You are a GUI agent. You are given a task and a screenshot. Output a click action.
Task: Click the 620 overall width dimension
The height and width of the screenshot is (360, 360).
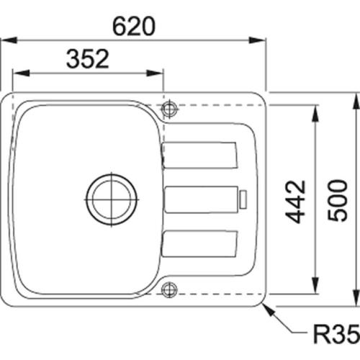tap(133, 26)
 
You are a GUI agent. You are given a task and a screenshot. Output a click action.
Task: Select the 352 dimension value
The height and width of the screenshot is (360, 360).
tap(87, 59)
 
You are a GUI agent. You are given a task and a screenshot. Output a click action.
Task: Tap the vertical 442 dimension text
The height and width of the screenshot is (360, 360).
tap(294, 201)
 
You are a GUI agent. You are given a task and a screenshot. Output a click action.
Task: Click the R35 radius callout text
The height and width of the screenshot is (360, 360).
tap(334, 334)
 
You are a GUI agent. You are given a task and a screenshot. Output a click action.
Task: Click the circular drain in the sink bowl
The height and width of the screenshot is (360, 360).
tap(112, 196)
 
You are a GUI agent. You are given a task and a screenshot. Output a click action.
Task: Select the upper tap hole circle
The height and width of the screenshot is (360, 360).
tap(170, 109)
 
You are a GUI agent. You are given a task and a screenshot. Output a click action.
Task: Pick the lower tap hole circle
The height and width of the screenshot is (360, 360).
tap(170, 289)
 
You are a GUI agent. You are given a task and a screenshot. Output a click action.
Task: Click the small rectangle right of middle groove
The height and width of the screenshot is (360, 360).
tap(243, 197)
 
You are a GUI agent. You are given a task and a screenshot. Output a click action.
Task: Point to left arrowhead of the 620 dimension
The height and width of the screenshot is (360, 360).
tap(6, 40)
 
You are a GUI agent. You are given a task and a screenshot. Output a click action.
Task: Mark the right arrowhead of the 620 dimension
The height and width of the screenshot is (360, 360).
tap(261, 40)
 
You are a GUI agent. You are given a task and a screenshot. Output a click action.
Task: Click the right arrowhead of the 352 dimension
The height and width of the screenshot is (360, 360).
tap(158, 73)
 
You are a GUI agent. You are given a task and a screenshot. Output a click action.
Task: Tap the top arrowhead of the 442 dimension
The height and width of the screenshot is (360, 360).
tap(315, 109)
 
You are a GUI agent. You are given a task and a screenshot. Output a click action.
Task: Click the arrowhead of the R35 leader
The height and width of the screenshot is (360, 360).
tap(269, 307)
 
